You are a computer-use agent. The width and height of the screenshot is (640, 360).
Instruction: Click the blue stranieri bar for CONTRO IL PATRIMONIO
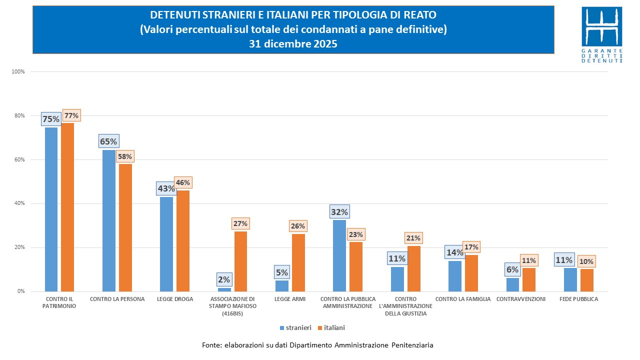51,209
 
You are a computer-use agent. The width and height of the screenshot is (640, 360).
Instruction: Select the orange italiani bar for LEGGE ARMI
298,262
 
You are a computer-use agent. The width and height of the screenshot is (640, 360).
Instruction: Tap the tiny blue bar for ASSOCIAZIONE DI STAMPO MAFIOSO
224,289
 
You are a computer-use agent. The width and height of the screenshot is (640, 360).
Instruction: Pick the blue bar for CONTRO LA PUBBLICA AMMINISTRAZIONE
339,255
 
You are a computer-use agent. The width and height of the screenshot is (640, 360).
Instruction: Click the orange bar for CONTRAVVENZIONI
528,279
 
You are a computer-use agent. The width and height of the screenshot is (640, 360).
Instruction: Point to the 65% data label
108,141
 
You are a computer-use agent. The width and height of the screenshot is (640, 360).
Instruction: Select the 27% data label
240,223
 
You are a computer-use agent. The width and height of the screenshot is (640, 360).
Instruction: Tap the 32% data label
339,211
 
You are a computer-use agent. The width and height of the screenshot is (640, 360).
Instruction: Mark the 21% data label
413,238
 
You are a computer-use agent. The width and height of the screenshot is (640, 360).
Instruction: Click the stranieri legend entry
295,328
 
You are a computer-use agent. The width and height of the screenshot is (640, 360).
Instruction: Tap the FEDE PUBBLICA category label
578,299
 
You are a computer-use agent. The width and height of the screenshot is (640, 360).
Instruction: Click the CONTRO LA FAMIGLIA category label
463,299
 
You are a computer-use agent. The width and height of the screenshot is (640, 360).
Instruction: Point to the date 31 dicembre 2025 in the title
293,44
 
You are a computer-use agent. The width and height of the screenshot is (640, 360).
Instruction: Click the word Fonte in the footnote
211,345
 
